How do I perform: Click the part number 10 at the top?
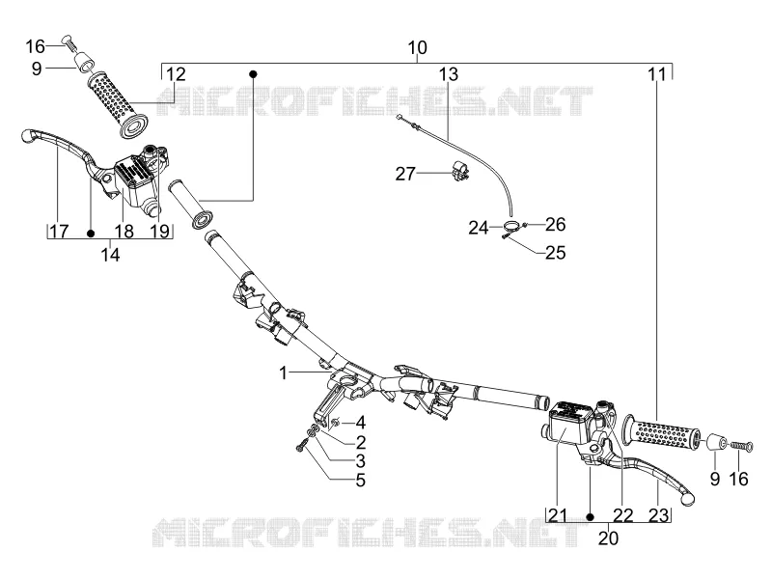coord(418,47)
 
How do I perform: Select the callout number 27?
coord(405,174)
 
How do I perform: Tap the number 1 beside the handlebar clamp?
coord(283,372)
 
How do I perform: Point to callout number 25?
coord(556,253)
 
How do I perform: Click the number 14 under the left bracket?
coord(110,255)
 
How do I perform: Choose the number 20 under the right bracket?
coord(608,538)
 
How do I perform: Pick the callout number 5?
coord(361,480)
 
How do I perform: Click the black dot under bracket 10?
coord(253,74)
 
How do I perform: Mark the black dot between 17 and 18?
coord(91,233)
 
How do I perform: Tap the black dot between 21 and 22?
coord(591,517)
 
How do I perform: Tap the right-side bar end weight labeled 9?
coord(714,442)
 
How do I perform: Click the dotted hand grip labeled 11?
coord(661,432)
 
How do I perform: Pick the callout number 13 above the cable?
coord(449,74)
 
